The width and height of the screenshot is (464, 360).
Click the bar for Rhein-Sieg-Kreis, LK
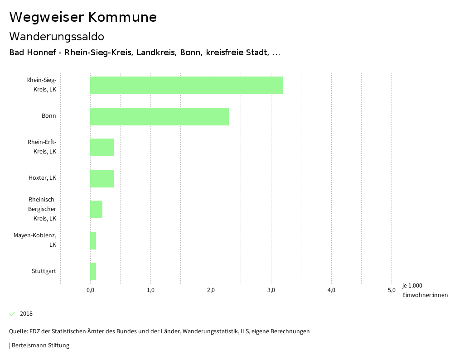186,85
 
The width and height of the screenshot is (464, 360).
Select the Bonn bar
159,116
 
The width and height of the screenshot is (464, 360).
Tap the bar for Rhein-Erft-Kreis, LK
102,147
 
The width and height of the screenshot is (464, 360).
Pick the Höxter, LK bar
102,178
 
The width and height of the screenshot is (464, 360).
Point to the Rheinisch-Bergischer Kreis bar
96,209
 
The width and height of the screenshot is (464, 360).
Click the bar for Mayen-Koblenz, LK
93,240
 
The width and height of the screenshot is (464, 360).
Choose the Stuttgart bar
93,271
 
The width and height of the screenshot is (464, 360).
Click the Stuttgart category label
44,271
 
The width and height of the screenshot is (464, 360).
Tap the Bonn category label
49,116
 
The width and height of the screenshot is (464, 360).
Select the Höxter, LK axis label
42,178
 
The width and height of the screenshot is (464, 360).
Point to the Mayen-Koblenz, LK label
35,240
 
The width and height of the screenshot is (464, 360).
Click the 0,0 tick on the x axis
90,290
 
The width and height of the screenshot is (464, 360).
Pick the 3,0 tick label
271,290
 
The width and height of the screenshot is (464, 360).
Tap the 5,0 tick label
391,290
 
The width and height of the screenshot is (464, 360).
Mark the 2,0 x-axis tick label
211,290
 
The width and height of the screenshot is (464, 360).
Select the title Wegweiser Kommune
83,17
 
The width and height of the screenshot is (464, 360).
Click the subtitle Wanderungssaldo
57,37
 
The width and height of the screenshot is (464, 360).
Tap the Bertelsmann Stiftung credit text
40,346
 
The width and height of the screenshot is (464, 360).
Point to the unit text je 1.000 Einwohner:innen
425,290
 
